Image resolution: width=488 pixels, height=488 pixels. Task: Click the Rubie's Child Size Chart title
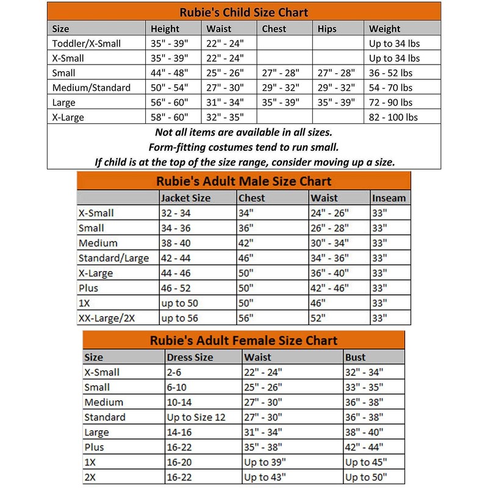243,12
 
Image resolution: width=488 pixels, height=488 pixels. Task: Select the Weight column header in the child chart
385,29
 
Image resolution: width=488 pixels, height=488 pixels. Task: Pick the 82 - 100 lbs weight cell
393,117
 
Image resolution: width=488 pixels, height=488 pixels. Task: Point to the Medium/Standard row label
91,88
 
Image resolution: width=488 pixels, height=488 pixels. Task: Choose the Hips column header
327,29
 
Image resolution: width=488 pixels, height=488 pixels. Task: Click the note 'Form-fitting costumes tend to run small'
244,148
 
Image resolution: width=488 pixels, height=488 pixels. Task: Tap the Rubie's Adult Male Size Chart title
243,181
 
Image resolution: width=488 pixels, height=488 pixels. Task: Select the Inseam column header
389,198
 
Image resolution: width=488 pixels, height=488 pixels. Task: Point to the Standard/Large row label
114,258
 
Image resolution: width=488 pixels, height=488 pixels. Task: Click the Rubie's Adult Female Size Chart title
243,340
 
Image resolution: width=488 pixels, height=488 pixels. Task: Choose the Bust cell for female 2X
366,477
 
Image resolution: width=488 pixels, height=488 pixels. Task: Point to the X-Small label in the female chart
102,372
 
